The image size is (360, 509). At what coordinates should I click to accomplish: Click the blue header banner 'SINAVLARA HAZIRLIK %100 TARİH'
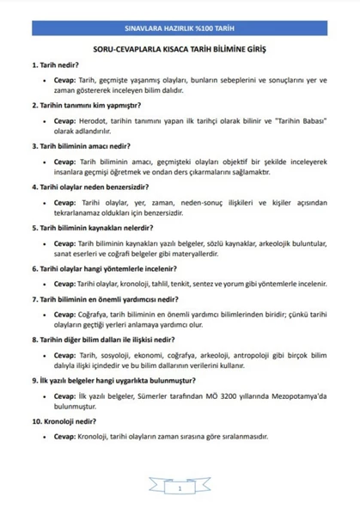tap(180, 28)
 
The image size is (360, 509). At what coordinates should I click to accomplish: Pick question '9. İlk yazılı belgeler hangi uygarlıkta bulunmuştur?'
tap(110, 380)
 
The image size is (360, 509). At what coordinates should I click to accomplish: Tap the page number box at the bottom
tap(180, 488)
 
